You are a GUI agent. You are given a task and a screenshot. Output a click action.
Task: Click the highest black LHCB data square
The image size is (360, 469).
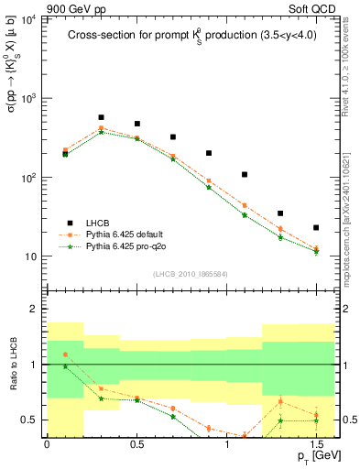click(x=101, y=117)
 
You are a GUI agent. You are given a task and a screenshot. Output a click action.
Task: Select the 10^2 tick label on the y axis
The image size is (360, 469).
click(x=28, y=178)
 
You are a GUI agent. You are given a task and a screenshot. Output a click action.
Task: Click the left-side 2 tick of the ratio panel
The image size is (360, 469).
click(x=34, y=310)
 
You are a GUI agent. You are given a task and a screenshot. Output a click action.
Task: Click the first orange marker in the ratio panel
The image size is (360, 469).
click(x=65, y=354)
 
